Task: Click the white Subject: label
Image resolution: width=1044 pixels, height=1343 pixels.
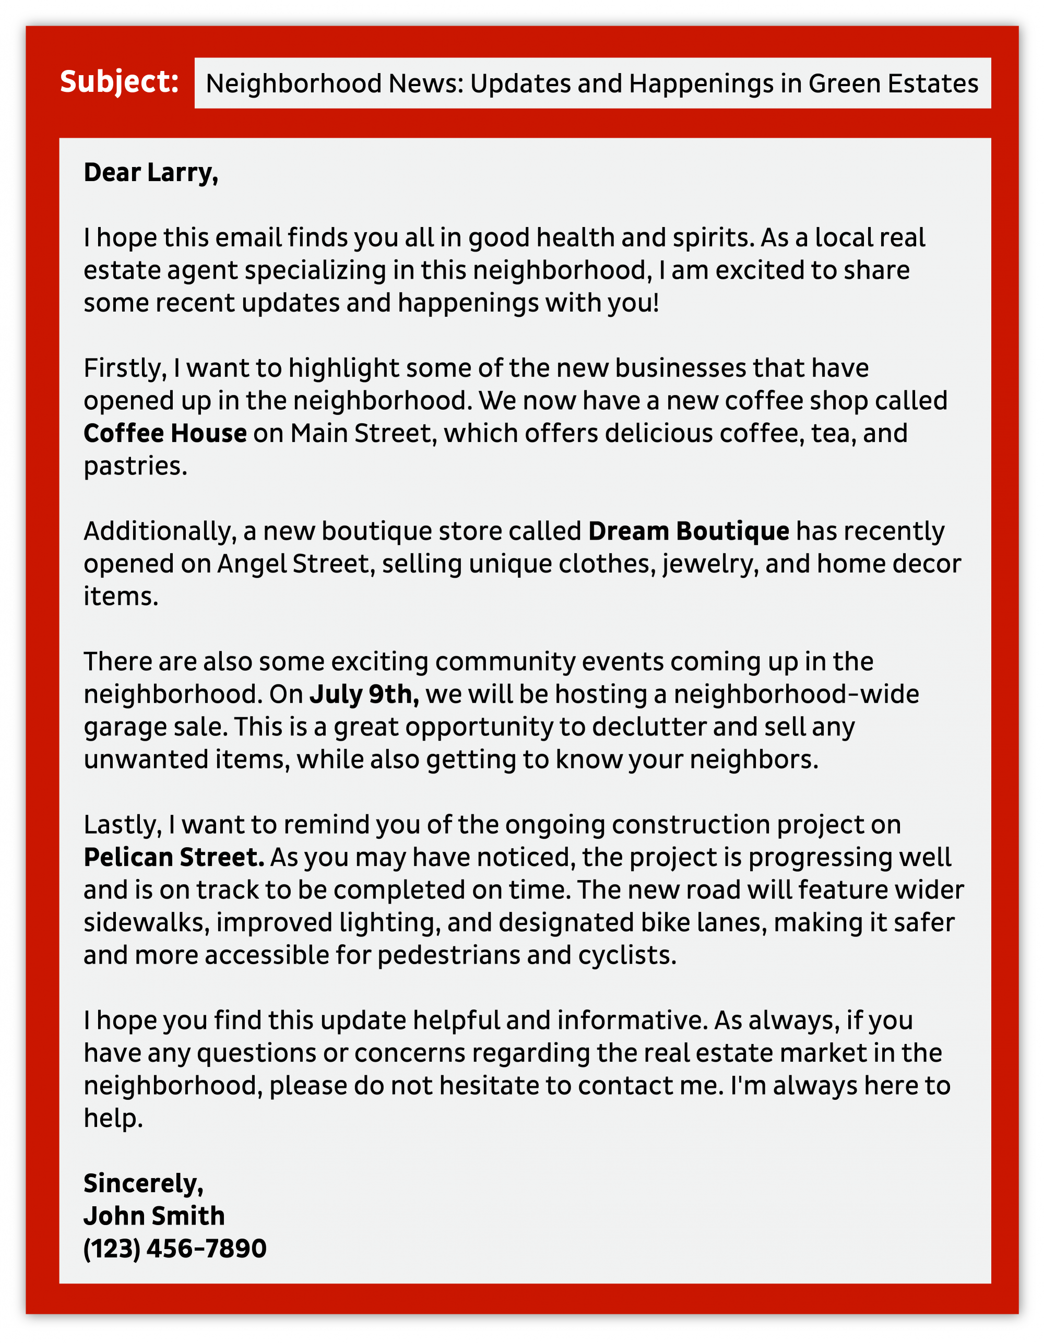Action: click(x=120, y=82)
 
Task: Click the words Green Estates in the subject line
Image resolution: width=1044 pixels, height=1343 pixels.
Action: click(x=893, y=84)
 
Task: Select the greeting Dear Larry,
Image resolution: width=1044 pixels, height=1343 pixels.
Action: click(x=151, y=173)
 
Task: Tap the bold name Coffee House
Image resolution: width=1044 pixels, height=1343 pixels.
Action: click(x=165, y=434)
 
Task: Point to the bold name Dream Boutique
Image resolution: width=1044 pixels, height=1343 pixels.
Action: click(x=689, y=531)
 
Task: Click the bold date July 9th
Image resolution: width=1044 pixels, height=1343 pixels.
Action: click(x=364, y=694)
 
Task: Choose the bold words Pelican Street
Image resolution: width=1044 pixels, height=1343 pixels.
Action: click(x=174, y=857)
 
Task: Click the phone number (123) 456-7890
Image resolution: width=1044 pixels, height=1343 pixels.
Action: click(x=175, y=1249)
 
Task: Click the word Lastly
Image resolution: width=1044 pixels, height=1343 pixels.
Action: click(x=122, y=825)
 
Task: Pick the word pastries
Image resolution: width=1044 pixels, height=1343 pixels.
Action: click(x=135, y=466)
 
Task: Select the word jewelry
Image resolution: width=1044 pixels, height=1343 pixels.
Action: click(x=709, y=564)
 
